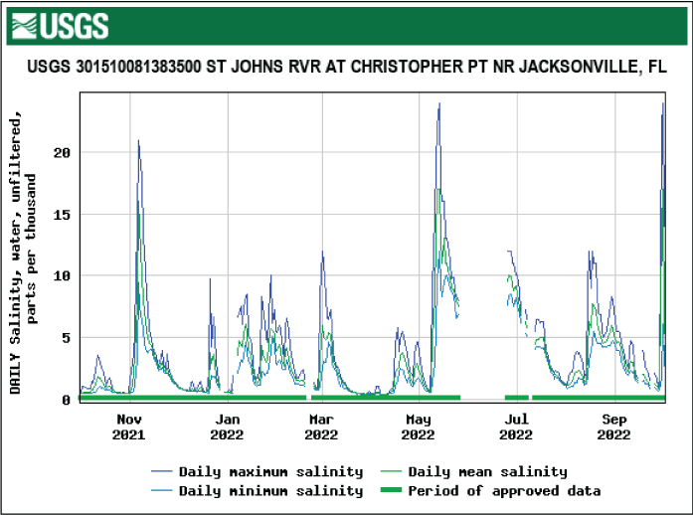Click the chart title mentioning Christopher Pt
point(346,68)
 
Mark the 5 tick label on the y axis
point(66,337)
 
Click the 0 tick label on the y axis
point(66,399)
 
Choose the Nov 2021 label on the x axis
point(128,427)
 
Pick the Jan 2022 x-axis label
point(226,427)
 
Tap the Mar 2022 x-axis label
point(321,427)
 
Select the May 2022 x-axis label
point(419,427)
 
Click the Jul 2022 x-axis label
point(516,427)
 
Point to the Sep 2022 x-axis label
point(613,427)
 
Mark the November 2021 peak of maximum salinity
point(138,140)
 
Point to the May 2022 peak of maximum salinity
point(439,103)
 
